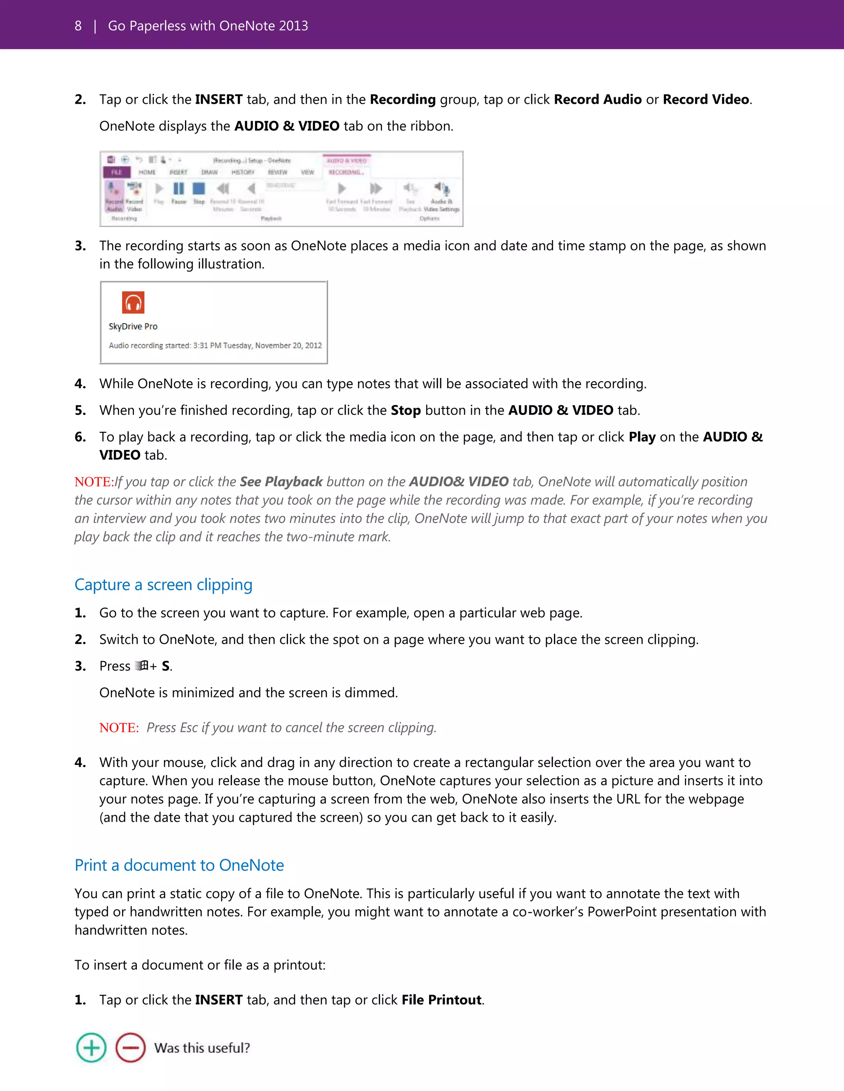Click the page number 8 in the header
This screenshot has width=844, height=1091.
[x=78, y=26]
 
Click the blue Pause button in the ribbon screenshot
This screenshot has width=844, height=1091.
[x=178, y=189]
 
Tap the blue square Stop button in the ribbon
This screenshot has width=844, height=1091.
[x=199, y=189]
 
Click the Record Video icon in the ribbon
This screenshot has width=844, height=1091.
[x=134, y=189]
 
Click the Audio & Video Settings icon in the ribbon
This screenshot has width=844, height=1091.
[x=441, y=189]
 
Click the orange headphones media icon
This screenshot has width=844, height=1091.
[x=133, y=302]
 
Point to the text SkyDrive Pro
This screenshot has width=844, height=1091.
[x=133, y=326]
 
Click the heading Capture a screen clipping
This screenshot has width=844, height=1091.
[x=163, y=585]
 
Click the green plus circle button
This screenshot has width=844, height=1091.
[x=91, y=1047]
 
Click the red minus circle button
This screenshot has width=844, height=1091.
[x=131, y=1047]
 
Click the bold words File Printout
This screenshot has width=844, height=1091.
[x=441, y=1000]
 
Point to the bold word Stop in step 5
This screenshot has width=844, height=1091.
[x=406, y=410]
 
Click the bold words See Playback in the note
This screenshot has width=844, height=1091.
[x=281, y=482]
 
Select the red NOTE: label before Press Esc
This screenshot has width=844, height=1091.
[x=119, y=728]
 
